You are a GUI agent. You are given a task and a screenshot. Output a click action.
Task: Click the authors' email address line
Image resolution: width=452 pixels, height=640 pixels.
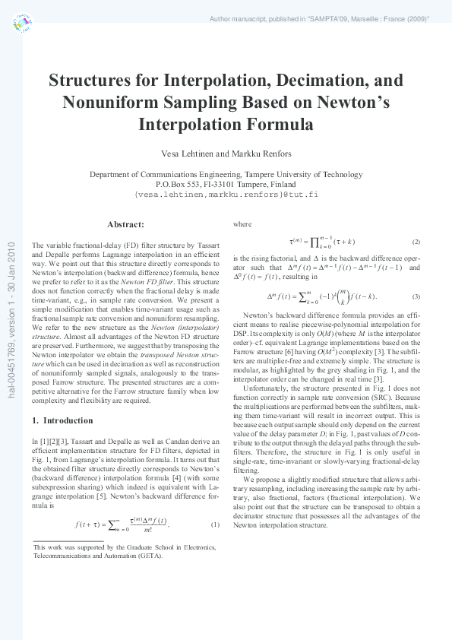coord(226,195)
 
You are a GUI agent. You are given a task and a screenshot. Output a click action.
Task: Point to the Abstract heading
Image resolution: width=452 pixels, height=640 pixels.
coord(126,224)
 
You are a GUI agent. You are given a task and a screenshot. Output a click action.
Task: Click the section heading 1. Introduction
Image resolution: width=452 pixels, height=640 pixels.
coord(63,420)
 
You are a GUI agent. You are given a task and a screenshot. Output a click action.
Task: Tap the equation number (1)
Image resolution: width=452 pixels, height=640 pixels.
coord(215,504)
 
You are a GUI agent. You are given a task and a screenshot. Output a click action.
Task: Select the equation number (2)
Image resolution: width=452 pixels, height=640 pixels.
coord(416,242)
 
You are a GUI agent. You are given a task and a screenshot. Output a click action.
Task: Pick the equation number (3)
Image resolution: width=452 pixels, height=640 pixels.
coord(416,296)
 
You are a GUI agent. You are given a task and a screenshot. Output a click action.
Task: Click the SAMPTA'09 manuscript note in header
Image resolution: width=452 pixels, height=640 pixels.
coord(319,17)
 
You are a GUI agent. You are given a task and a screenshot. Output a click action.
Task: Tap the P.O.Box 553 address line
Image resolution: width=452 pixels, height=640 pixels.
coord(226,184)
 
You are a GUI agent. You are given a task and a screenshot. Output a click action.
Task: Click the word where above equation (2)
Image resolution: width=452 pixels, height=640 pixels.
coord(242,224)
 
